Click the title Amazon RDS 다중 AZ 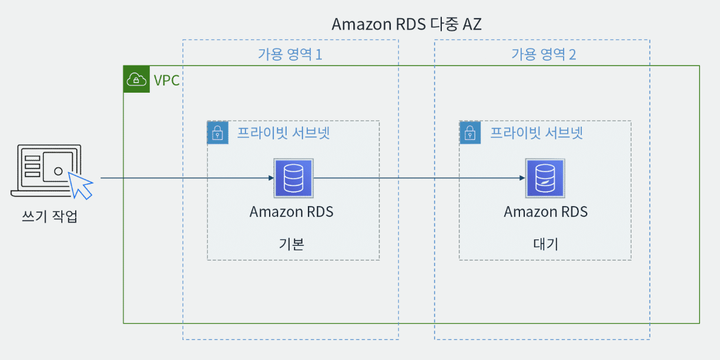pos(407,24)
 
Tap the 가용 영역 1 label pos(290,55)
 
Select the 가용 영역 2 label pos(544,55)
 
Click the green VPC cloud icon pos(136,79)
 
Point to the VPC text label pos(167,80)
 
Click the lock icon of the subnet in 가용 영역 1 pos(218,133)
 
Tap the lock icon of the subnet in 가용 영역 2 pos(470,133)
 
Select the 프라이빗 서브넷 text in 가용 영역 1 pos(283,133)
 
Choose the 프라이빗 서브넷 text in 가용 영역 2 pos(537,133)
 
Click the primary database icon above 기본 pos(293,178)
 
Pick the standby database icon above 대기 pos(545,178)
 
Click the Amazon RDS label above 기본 pos(292,212)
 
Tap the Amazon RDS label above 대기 pos(546,212)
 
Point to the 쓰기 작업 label pos(50,216)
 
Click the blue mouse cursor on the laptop pos(81,185)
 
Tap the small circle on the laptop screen pos(58,171)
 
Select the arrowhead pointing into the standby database pos(522,178)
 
